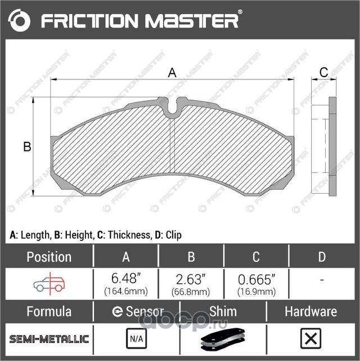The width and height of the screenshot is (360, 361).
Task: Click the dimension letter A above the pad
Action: point(173,72)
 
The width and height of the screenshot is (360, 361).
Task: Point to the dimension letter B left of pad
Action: point(26,148)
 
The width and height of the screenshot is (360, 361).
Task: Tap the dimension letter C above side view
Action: point(323,72)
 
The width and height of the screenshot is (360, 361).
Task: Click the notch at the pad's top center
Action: point(173,105)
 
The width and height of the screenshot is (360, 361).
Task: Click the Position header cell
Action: point(49,257)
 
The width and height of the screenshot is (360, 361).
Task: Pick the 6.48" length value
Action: point(126,277)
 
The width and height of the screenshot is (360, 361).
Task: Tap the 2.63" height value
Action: point(191,277)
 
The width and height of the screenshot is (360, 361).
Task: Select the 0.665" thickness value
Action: point(256,277)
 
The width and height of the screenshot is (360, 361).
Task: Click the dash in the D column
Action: point(321,280)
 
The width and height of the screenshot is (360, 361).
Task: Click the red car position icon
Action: point(49,281)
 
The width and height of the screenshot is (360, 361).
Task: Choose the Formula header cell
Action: point(49,311)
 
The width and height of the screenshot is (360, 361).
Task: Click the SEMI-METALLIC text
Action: point(49,339)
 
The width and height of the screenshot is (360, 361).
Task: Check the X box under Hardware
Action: point(310,340)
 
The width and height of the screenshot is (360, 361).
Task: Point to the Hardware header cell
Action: point(310,311)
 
